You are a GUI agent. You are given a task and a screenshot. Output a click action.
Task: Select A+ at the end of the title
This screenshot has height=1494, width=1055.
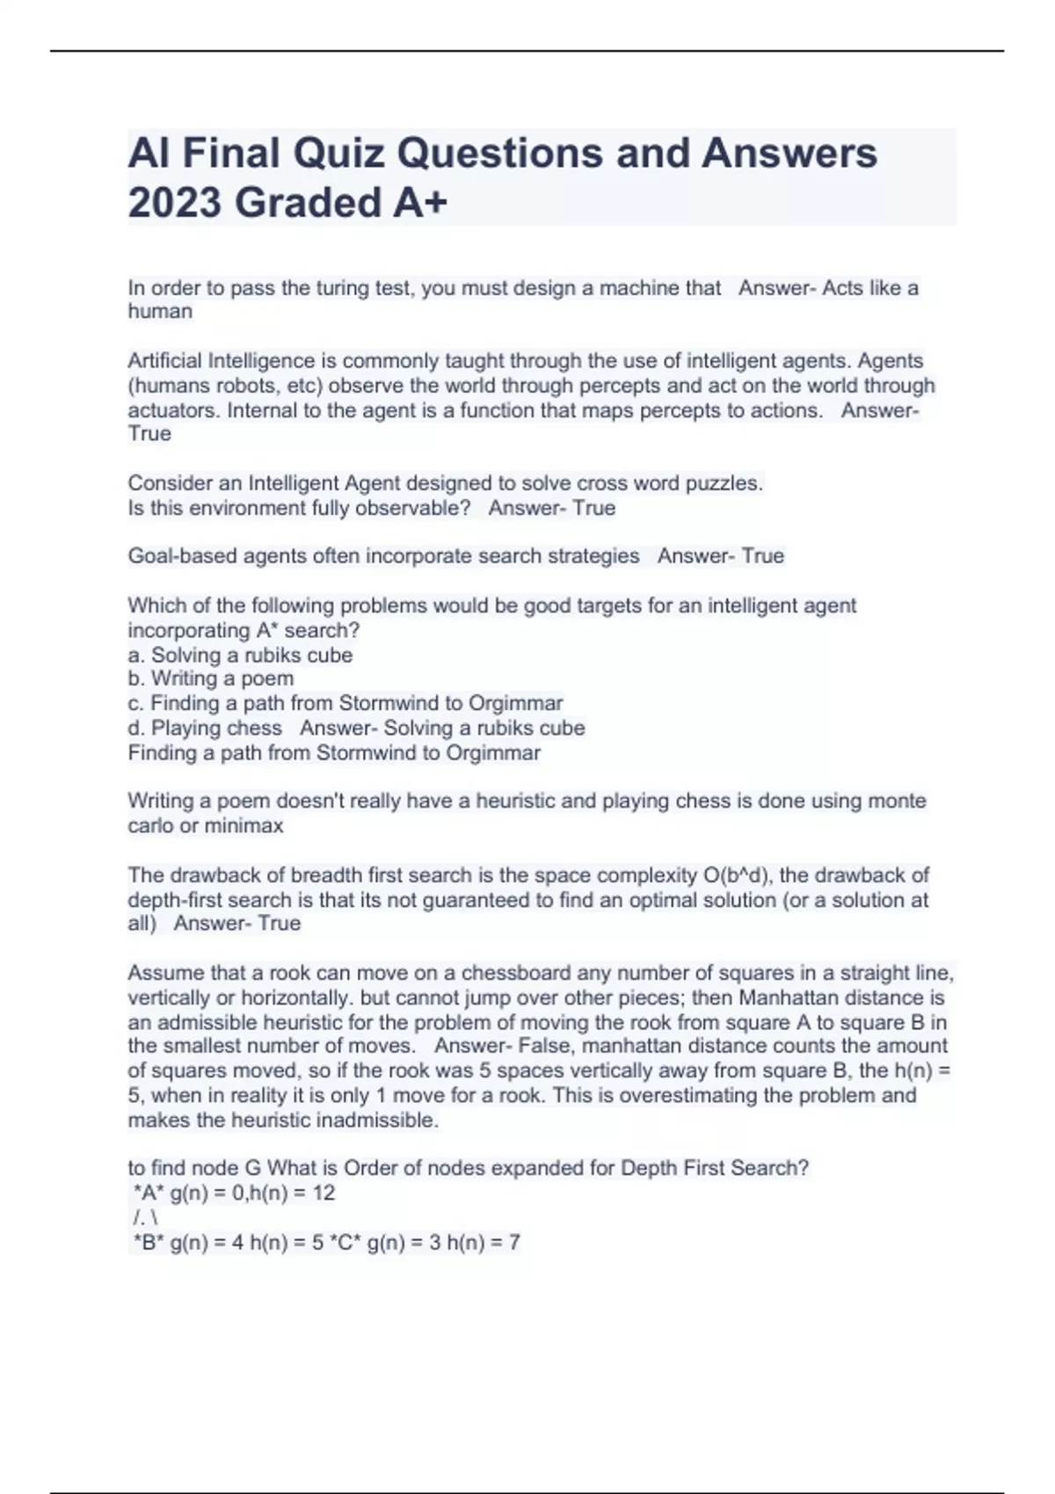coord(420,203)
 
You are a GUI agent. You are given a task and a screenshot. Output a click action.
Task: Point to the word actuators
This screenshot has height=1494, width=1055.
coord(172,410)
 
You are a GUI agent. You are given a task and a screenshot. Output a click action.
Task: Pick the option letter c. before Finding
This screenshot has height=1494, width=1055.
coord(136,703)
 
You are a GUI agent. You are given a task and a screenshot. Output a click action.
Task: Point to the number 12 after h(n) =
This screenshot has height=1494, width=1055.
coord(323,1193)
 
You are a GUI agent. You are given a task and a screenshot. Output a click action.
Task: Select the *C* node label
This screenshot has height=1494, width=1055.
coord(343,1243)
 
